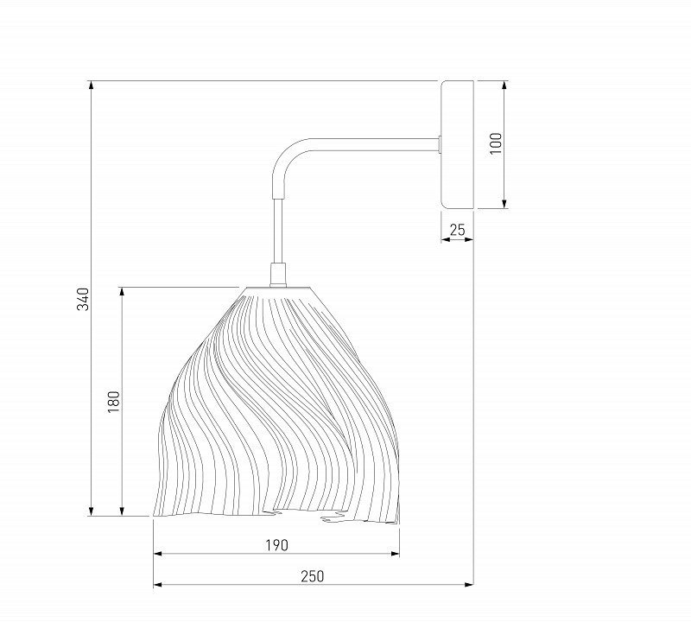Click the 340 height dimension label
83,299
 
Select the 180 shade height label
114,402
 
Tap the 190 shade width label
276,545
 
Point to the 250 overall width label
312,576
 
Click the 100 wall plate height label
496,143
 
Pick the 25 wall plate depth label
457,230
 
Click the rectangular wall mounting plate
457,144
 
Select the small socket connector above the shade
277,275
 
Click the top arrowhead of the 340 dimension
92,86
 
